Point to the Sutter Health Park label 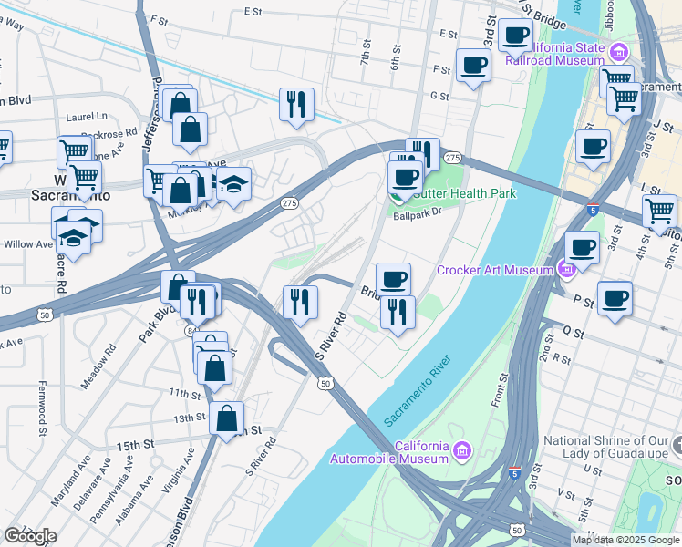click(x=465, y=193)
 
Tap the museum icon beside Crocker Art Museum click(x=565, y=270)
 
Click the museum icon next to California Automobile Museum click(x=462, y=451)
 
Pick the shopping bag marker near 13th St click(x=227, y=419)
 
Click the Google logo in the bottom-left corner click(x=30, y=535)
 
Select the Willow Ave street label click(x=27, y=244)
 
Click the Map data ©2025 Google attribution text click(x=625, y=540)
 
